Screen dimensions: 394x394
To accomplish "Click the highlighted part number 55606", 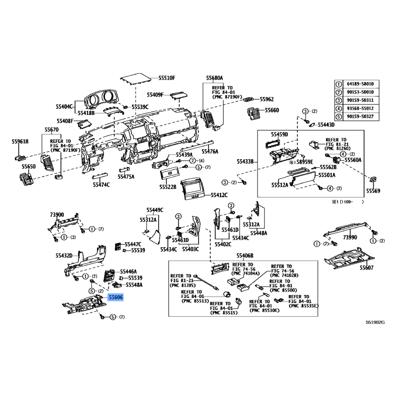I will (116, 297).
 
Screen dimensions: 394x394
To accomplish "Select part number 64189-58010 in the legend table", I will (362, 84).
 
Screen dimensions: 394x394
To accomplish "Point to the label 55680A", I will (215, 78).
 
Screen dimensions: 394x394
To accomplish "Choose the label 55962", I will (266, 99).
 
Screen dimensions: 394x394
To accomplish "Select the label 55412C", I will (219, 195).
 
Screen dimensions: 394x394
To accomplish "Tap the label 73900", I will (57, 215).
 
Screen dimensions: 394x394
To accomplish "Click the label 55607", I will (366, 268).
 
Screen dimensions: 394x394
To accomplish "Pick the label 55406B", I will (244, 256).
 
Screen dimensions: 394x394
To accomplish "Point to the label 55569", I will (373, 191).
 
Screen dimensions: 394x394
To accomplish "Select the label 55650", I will (29, 167).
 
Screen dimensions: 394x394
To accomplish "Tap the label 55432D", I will (64, 255).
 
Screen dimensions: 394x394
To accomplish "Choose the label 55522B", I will (167, 187).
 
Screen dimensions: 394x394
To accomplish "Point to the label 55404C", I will (65, 106).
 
